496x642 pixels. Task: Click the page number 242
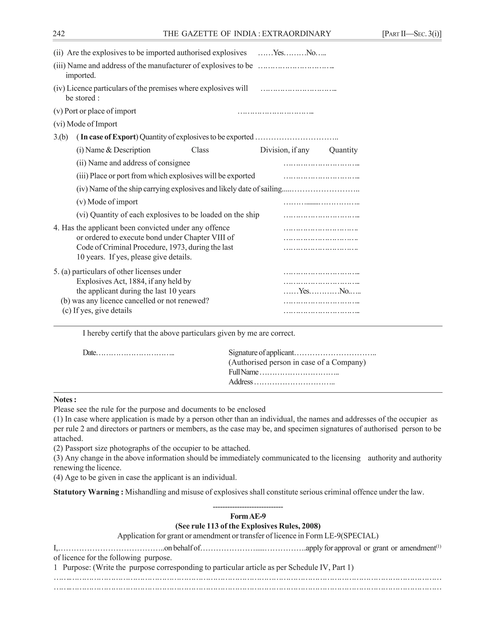click(59, 34)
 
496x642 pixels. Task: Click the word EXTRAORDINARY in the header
click(296, 34)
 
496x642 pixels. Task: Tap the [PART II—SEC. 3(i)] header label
click(412, 34)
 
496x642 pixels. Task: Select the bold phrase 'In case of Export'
click(108, 137)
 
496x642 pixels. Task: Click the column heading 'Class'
click(200, 150)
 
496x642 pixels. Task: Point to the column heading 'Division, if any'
click(284, 150)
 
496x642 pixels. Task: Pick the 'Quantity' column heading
click(343, 150)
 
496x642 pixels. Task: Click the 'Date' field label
click(89, 353)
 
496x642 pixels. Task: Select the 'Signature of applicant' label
click(261, 353)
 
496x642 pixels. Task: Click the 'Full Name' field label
click(243, 372)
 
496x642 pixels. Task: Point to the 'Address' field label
click(241, 382)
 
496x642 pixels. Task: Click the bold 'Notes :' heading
click(65, 399)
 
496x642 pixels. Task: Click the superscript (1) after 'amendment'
click(438, 546)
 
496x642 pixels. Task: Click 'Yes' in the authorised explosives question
click(279, 53)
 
